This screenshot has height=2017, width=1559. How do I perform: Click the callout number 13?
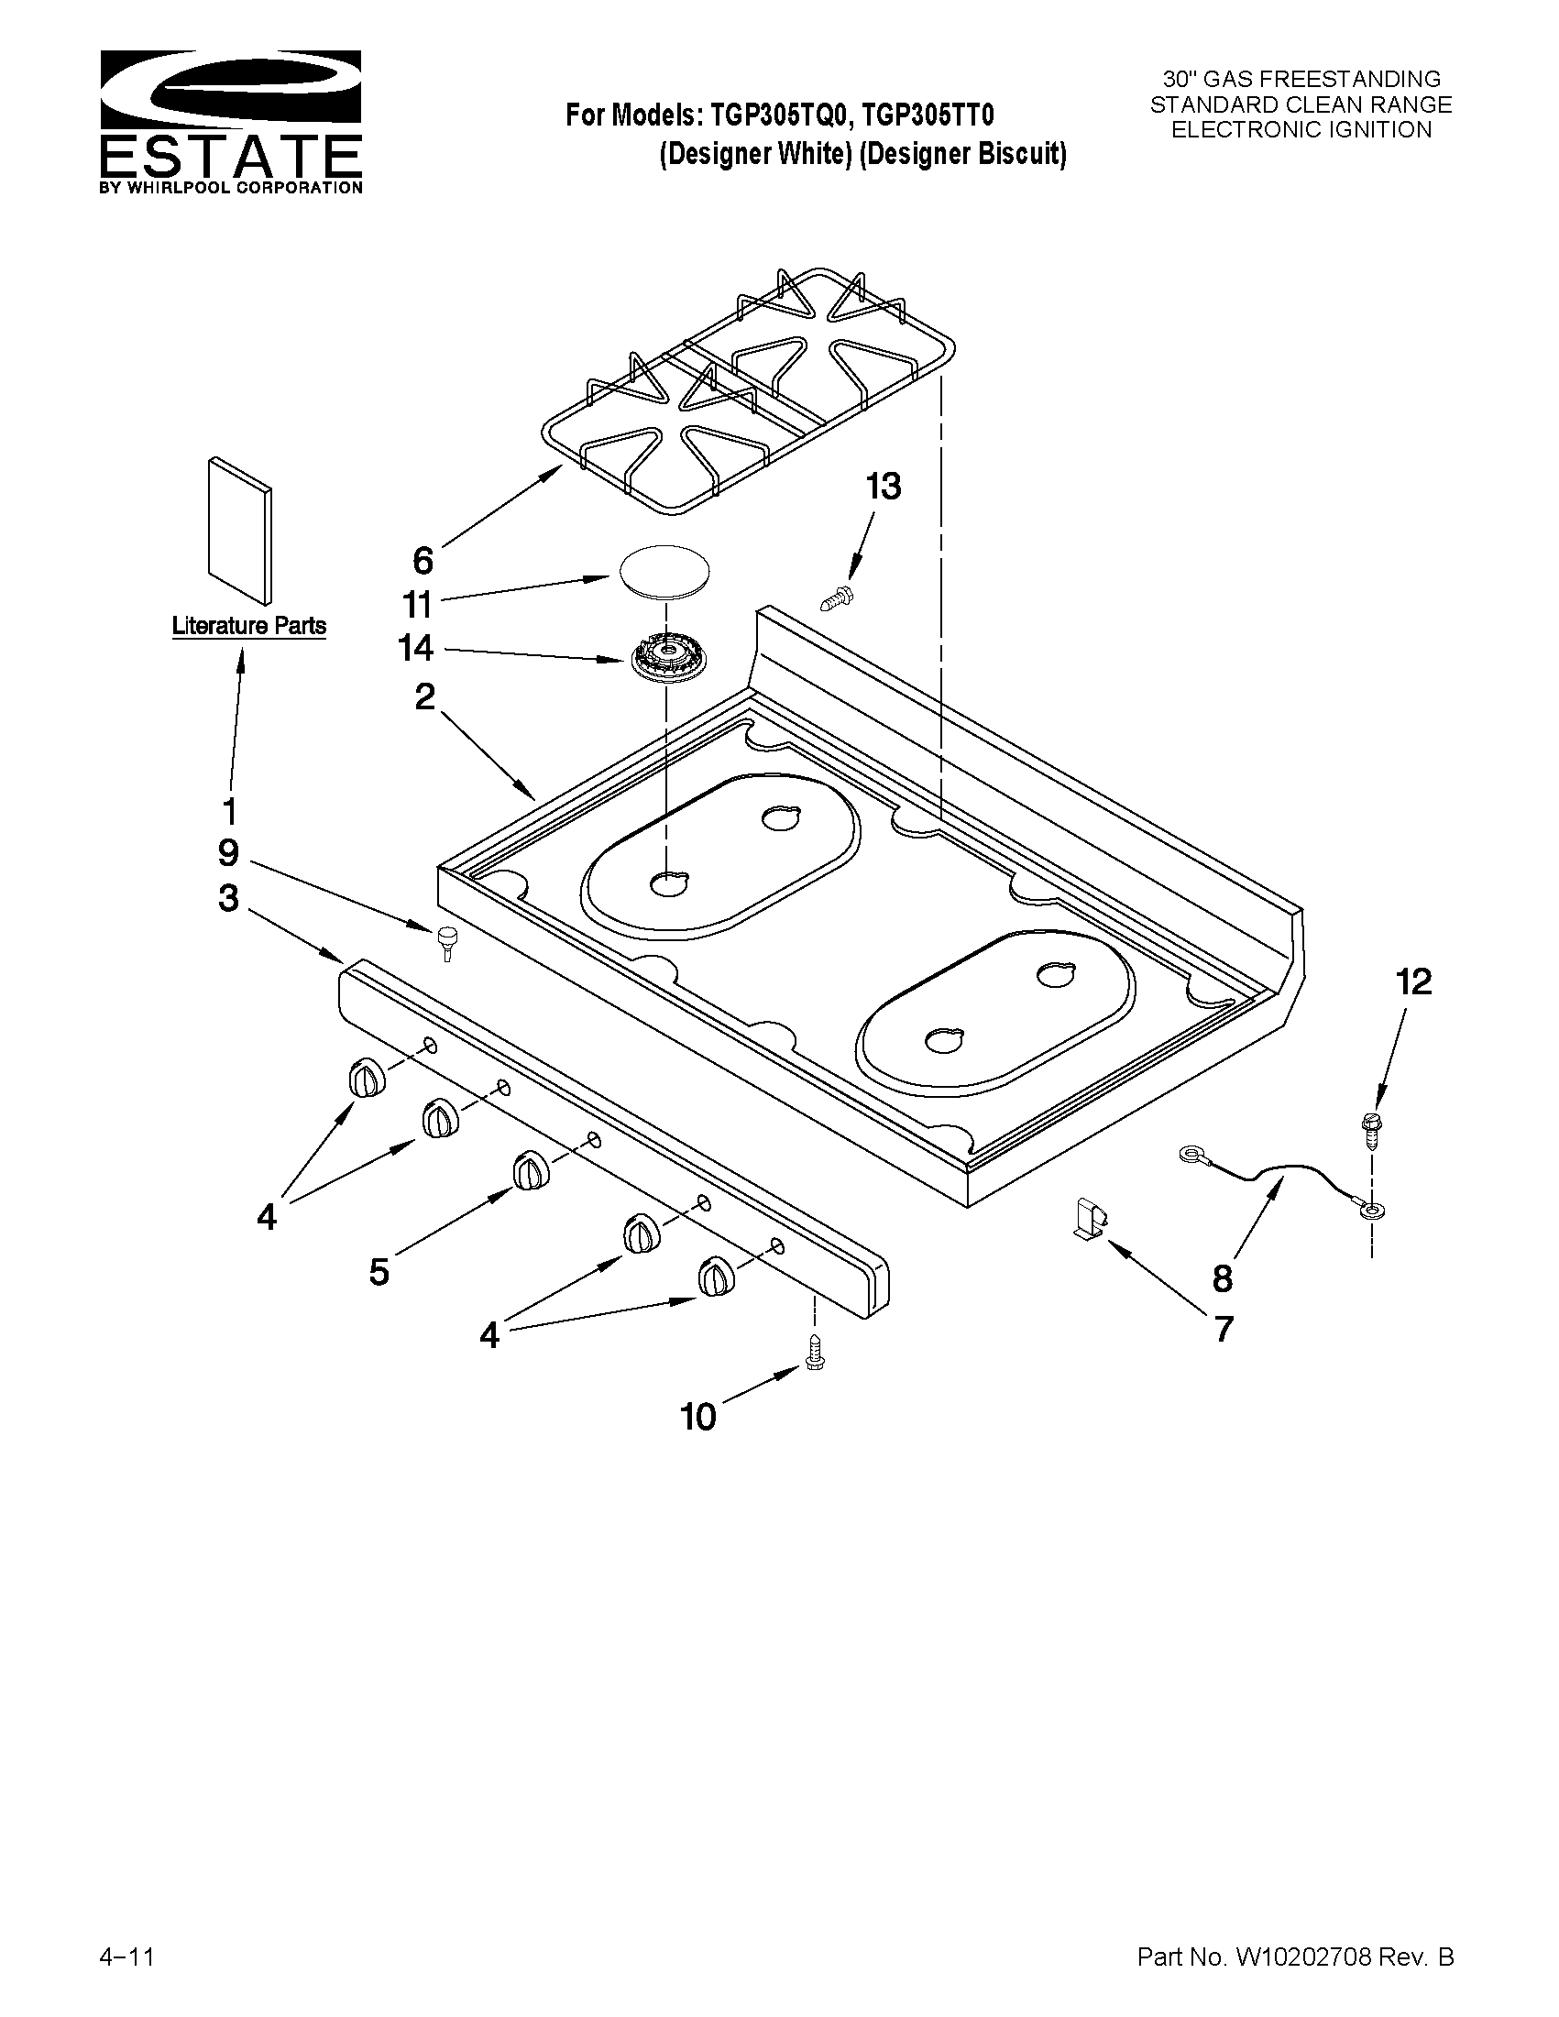pyautogui.click(x=883, y=487)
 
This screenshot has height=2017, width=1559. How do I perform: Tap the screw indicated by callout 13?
pyautogui.click(x=839, y=597)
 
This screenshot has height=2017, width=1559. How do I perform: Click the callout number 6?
pyautogui.click(x=423, y=560)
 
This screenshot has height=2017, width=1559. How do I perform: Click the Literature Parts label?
pyautogui.click(x=248, y=626)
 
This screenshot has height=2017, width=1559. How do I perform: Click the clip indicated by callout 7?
pyautogui.click(x=1091, y=1216)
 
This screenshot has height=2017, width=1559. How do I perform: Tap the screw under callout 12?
pyautogui.click(x=1370, y=1130)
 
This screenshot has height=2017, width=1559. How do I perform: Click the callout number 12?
pyautogui.click(x=1413, y=981)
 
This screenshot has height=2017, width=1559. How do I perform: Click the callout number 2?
pyautogui.click(x=424, y=696)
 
